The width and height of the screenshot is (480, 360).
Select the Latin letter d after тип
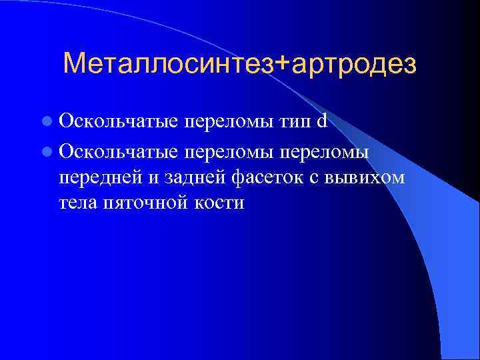pos(322,122)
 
